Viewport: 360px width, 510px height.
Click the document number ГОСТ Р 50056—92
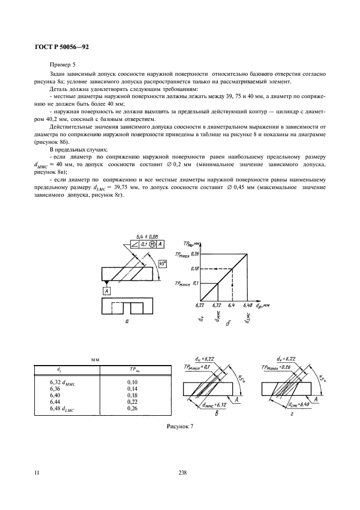[59, 47]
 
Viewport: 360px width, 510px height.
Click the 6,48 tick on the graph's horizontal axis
[249, 306]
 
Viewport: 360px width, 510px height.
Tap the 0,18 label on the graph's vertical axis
[197, 269]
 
